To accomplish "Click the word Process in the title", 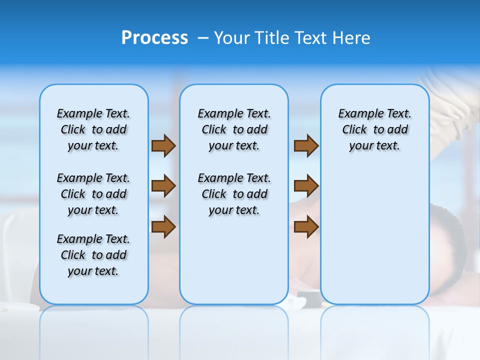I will coord(154,38).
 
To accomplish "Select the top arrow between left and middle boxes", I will coord(163,145).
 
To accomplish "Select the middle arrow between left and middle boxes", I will coord(163,186).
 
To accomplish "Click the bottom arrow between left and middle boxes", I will coord(163,226).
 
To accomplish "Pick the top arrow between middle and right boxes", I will coord(306,145).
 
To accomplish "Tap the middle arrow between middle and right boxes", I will coord(306,186).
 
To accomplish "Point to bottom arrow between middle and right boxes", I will coord(306,226).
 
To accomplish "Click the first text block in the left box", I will coord(93,129).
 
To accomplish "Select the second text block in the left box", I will coord(93,194).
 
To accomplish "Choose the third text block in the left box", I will coord(93,255).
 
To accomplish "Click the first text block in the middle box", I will coord(234,129).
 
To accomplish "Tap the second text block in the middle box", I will coord(234,194).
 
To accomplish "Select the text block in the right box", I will coord(374,129).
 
